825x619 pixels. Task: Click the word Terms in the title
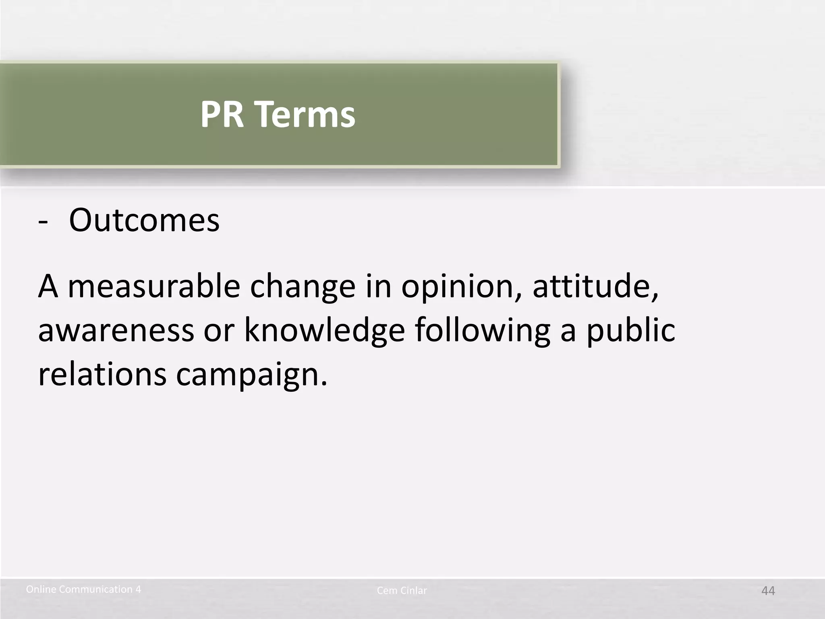[x=305, y=114]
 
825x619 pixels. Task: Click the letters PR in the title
[x=222, y=114]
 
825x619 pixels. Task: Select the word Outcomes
[x=144, y=221]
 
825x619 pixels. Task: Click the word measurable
[x=154, y=287]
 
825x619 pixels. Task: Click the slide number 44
[x=768, y=591]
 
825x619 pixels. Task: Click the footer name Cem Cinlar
[x=402, y=591]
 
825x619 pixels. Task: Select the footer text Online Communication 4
[x=83, y=590]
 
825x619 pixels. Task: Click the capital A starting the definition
[x=48, y=287]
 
